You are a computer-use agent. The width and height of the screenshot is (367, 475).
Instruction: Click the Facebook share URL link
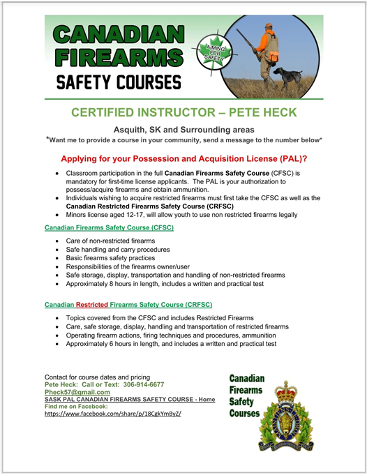[x=112, y=413]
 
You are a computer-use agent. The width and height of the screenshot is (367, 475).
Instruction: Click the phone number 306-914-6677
[x=143, y=384]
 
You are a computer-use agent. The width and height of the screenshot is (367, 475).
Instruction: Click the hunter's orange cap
[x=270, y=27]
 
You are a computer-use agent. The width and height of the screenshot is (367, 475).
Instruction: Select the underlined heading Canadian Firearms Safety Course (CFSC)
[x=109, y=227]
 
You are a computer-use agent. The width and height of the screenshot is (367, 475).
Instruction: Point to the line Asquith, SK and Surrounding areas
[x=183, y=130]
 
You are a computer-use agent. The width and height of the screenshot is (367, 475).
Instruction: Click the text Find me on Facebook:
[x=76, y=406]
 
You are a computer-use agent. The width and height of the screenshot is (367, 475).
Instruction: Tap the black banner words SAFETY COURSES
[x=118, y=83]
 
